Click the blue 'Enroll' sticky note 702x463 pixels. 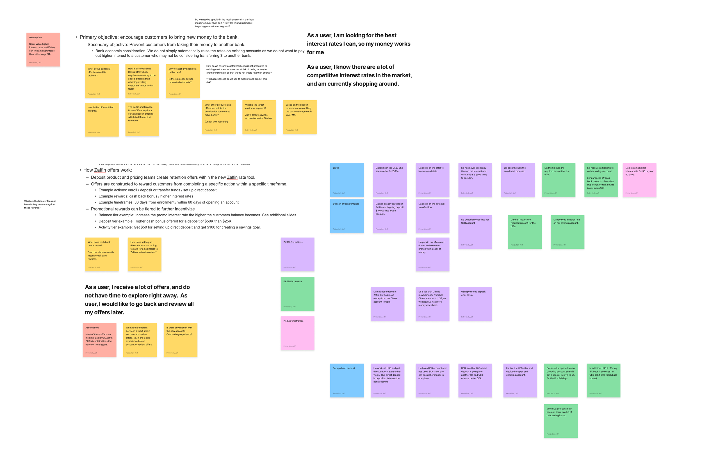tap(347, 180)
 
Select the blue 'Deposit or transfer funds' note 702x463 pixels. tap(347, 216)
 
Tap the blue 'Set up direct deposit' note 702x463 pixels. tap(347, 380)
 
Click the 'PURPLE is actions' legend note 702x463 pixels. tap(297, 254)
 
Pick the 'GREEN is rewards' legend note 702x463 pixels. tap(297, 294)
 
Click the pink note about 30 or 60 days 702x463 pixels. tap(639, 180)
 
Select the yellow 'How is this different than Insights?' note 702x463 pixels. tap(101, 119)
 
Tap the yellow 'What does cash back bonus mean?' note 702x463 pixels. tap(101, 254)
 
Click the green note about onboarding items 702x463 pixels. tap(560, 421)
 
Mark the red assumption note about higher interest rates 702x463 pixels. tap(43, 49)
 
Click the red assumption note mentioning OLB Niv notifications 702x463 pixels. tap(99, 340)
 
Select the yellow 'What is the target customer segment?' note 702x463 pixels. tap(259, 117)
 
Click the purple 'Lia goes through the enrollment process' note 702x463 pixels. tap(518, 180)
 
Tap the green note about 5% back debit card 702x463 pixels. tap(603, 380)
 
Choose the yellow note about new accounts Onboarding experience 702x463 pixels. tap(180, 340)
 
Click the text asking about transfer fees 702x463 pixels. tap(40, 204)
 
